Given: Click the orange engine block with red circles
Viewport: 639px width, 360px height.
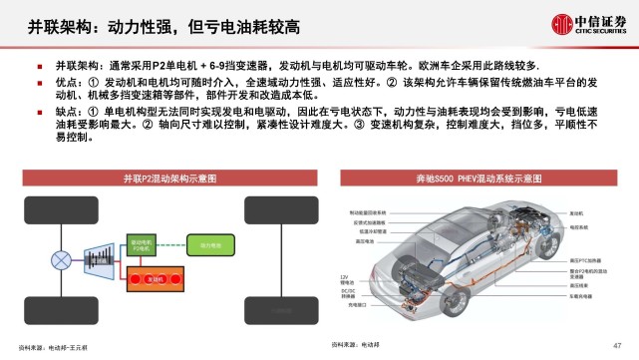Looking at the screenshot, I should (152, 278).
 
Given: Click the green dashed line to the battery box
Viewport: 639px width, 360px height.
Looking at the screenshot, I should (174, 243).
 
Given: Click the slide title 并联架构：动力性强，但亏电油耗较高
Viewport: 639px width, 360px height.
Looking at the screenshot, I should (160, 23).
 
